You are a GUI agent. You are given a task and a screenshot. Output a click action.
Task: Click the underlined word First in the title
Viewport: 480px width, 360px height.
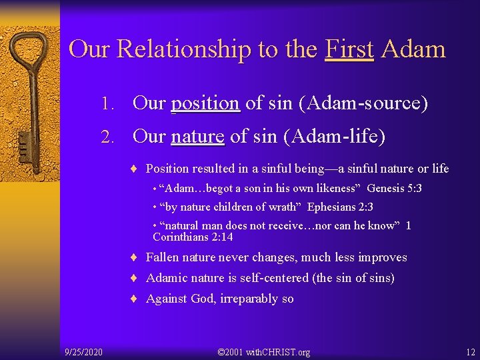(349, 49)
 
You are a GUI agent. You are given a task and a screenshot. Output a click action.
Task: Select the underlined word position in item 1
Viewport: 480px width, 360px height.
(205, 103)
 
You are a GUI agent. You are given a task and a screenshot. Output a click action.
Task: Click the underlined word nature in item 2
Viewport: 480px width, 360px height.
(197, 137)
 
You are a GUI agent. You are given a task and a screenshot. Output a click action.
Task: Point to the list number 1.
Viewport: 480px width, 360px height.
(111, 104)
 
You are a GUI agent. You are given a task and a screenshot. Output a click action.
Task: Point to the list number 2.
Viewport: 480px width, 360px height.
(111, 137)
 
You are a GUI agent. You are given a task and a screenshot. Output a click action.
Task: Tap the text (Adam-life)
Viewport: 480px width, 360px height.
(334, 137)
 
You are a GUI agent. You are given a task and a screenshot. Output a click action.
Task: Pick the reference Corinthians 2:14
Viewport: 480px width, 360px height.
(193, 237)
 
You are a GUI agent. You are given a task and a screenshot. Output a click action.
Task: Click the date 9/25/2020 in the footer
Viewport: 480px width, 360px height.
(83, 351)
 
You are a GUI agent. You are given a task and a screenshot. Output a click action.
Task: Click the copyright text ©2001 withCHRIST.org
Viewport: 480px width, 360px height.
(265, 351)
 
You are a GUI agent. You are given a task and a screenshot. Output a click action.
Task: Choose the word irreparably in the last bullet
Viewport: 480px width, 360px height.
(240, 299)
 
